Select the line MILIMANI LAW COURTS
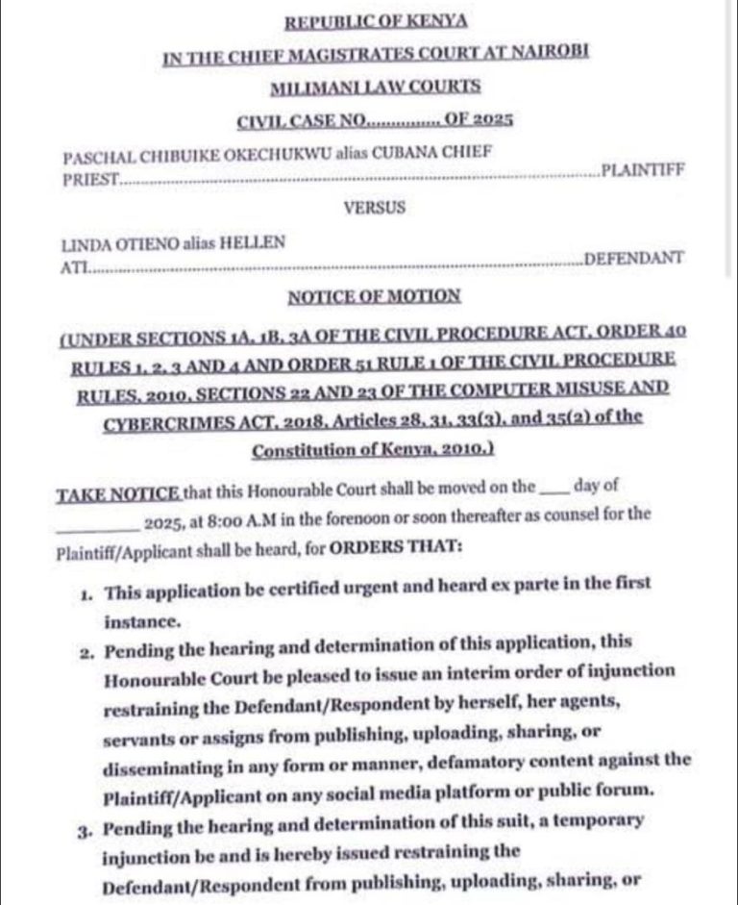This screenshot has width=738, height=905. point(375,88)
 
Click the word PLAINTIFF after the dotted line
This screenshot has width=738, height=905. point(642,171)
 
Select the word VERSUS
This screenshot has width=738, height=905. point(374,207)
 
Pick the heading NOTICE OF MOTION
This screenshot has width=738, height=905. point(374,296)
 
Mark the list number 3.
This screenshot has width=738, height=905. point(86,828)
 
